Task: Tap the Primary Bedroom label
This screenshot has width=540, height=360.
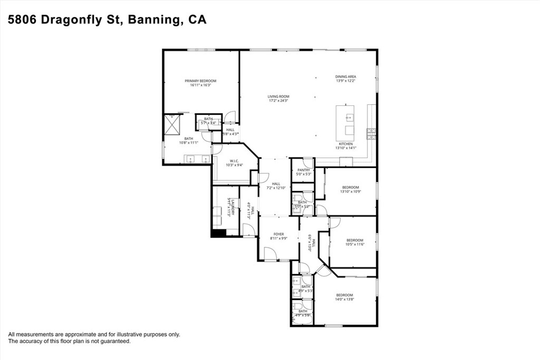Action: click(x=200, y=81)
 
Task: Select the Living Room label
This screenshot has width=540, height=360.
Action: click(x=278, y=96)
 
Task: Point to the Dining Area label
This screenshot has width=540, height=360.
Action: click(x=346, y=76)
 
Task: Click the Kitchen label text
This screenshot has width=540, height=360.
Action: click(x=345, y=144)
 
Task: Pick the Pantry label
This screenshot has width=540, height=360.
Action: click(x=303, y=170)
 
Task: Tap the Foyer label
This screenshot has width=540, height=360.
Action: click(x=278, y=234)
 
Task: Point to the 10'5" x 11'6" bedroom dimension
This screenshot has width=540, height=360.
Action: click(x=355, y=244)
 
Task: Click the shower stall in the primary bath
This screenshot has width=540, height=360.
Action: click(x=172, y=125)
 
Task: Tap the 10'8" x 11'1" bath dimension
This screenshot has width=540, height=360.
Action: click(x=189, y=142)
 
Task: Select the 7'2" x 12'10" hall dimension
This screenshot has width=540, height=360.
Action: click(x=276, y=188)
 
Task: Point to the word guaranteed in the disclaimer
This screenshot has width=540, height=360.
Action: click(x=115, y=341)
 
